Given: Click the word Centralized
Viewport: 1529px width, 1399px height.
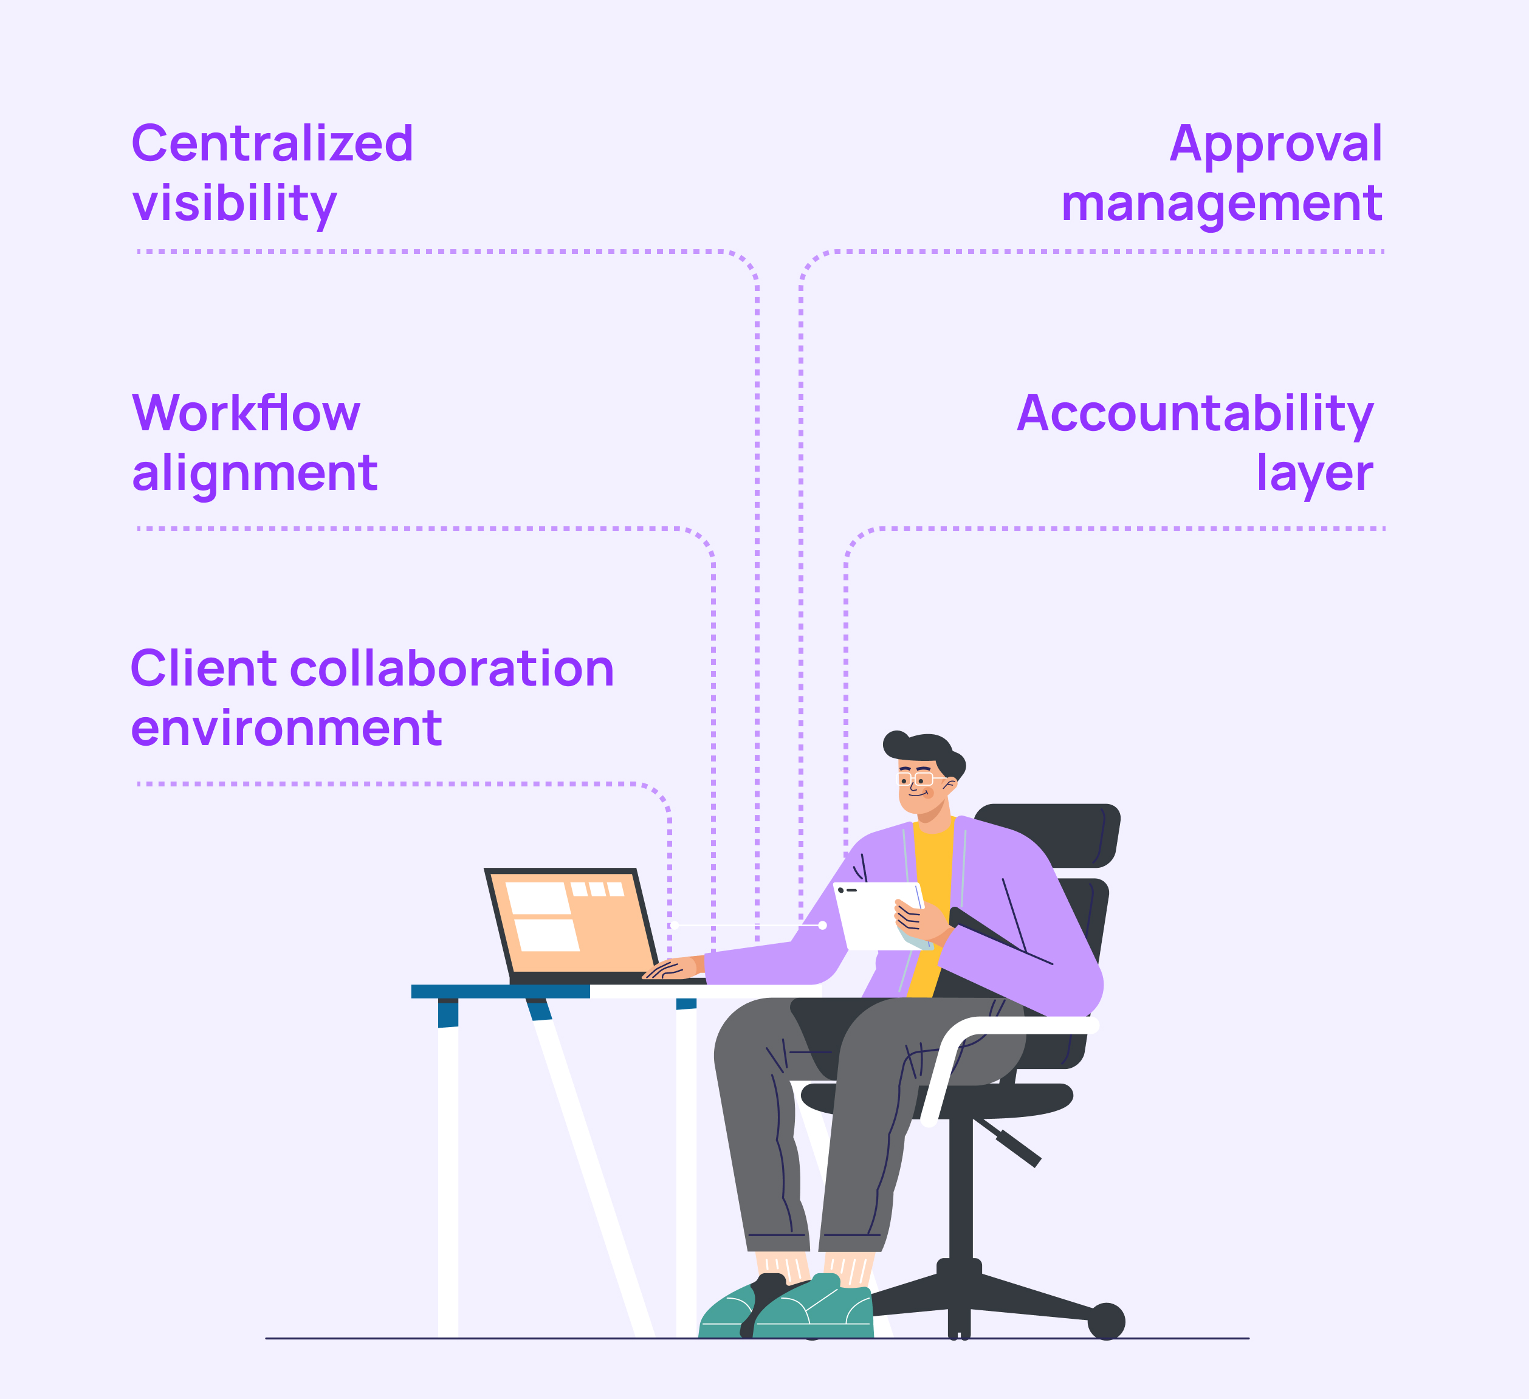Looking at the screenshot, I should [x=272, y=144].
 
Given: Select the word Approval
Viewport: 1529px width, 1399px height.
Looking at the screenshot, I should [x=1276, y=144].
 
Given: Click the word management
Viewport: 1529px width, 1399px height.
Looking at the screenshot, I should [x=1221, y=205].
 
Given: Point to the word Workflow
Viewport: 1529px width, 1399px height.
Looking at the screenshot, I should [x=246, y=414].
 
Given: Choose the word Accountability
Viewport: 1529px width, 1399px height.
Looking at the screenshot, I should [x=1195, y=414].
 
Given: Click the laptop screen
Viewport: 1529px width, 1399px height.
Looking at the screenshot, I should [x=572, y=921].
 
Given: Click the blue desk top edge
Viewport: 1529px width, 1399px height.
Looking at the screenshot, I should [x=501, y=992].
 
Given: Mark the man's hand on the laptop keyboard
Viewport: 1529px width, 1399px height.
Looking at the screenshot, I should [x=671, y=968].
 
